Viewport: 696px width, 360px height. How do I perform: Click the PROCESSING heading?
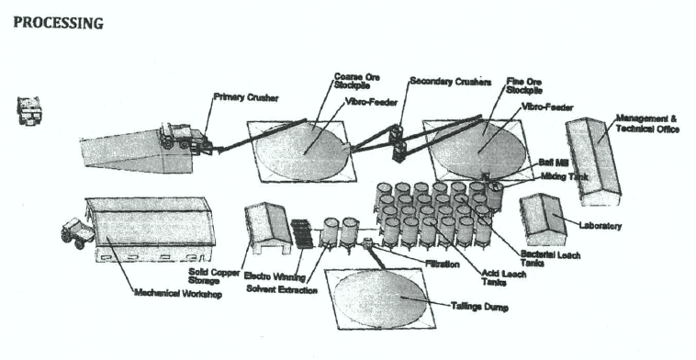pyautogui.click(x=58, y=23)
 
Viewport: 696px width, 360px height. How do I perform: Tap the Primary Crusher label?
pyautogui.click(x=246, y=97)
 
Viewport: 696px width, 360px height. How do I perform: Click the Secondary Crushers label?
pyautogui.click(x=451, y=82)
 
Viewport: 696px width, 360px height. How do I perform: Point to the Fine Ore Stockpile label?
pyautogui.click(x=524, y=85)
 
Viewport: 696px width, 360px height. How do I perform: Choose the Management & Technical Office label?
pyautogui.click(x=647, y=124)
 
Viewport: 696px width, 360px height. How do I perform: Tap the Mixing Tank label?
pyautogui.click(x=564, y=176)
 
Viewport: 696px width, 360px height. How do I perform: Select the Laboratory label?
pyautogui.click(x=601, y=226)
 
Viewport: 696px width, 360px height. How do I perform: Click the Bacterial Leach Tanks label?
pyautogui.click(x=550, y=259)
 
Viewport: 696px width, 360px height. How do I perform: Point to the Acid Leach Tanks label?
pyautogui.click(x=504, y=278)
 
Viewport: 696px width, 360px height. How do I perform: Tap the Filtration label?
pyautogui.click(x=442, y=264)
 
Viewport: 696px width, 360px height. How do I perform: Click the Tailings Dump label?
pyautogui.click(x=479, y=307)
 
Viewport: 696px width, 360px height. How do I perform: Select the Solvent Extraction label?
pyautogui.click(x=282, y=290)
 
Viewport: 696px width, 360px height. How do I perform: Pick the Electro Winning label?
pyautogui.click(x=275, y=276)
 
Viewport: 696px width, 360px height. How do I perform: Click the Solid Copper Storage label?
pyautogui.click(x=214, y=276)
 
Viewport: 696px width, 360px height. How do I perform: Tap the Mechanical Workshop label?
pyautogui.click(x=178, y=293)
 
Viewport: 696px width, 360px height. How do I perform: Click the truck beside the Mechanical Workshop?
pyautogui.click(x=77, y=233)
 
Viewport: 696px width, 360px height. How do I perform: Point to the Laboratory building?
pyautogui.click(x=543, y=219)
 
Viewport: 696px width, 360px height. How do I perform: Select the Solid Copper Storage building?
pyautogui.click(x=268, y=228)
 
